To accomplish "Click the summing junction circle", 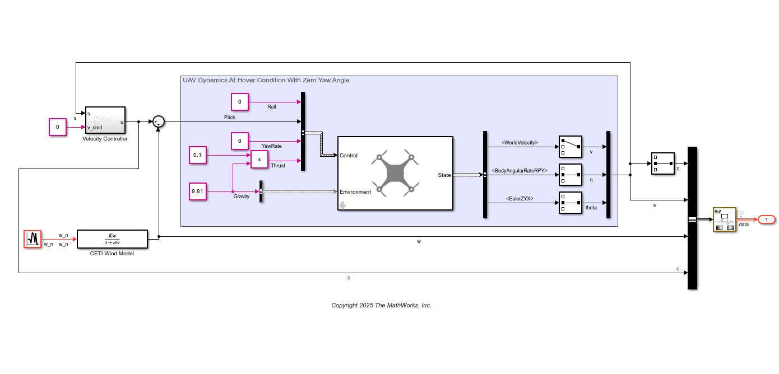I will click(x=159, y=121).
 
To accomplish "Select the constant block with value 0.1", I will click(x=198, y=155).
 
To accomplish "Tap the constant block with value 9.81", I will click(x=198, y=191).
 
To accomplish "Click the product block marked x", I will click(x=259, y=160).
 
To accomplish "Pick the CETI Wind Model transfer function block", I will click(x=112, y=239).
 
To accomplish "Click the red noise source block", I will click(x=33, y=239).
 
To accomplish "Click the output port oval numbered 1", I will click(x=766, y=219).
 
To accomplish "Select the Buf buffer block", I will click(x=724, y=219).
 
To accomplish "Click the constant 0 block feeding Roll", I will click(x=239, y=102).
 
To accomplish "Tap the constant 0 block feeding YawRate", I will click(x=239, y=141).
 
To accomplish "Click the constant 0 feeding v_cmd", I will click(x=57, y=127).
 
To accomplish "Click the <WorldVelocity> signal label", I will click(x=520, y=143).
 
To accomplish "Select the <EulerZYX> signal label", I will click(x=520, y=199).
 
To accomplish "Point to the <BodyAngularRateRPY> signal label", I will click(x=520, y=171).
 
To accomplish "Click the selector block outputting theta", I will click(x=571, y=203).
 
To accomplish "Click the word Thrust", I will click(x=278, y=166).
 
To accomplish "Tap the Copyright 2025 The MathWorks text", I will click(x=381, y=305).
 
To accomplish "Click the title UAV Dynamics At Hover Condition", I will click(x=266, y=81).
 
